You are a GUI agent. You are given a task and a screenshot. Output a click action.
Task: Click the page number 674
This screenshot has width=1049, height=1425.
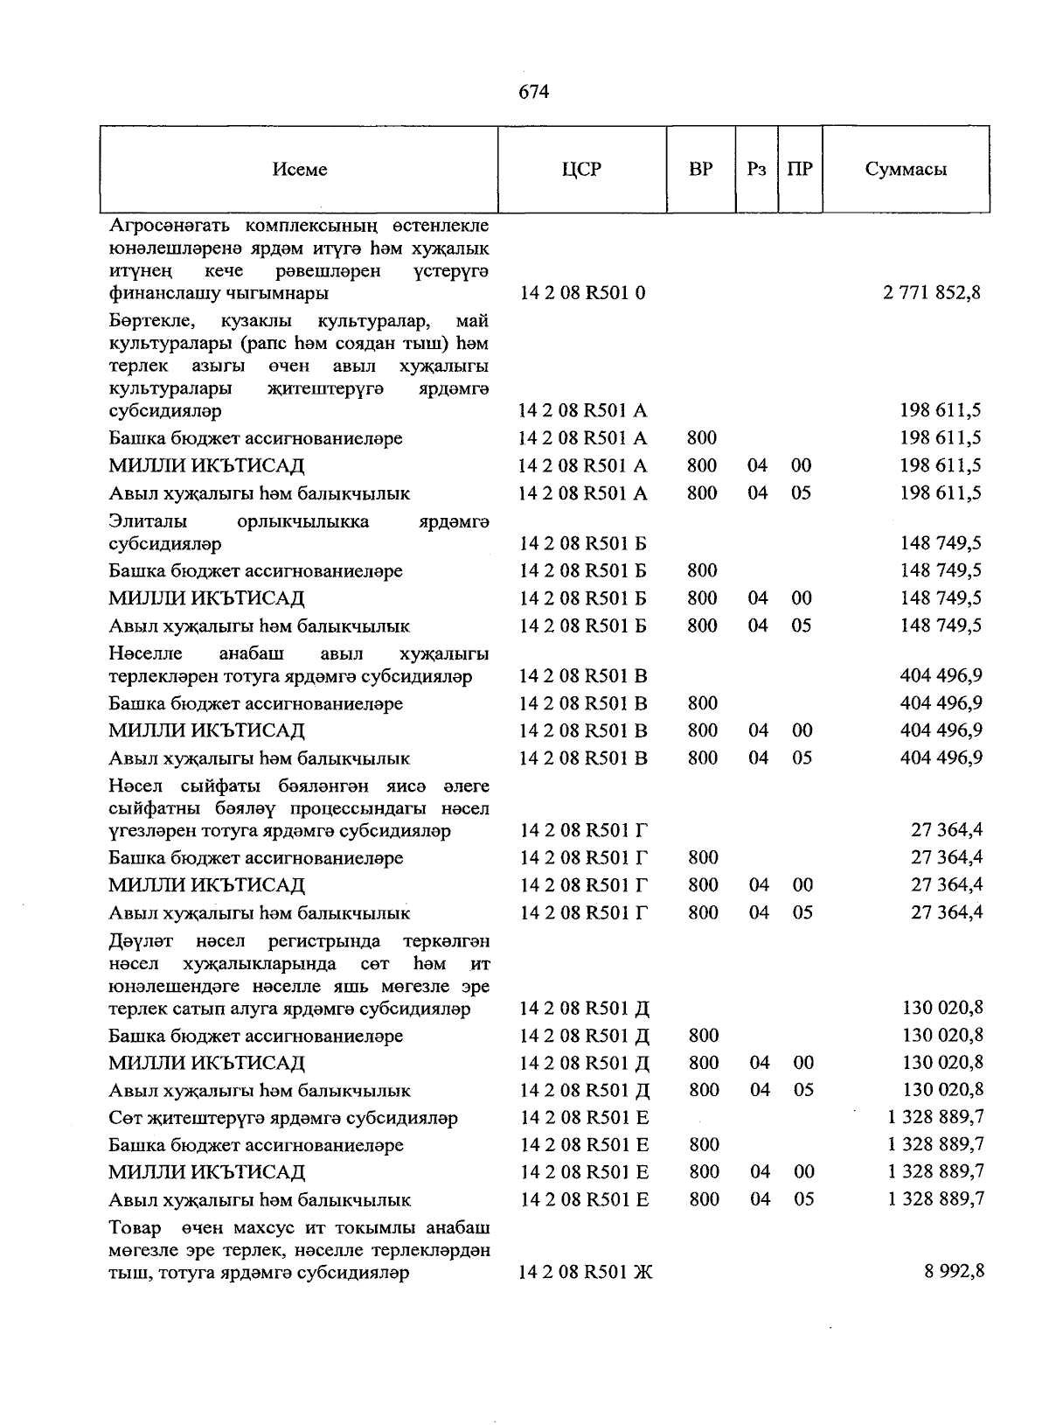coord(533,91)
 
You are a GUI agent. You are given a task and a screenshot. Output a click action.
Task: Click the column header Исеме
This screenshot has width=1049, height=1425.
coord(300,170)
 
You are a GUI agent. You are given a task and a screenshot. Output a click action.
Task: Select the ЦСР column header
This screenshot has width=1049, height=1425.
coord(582,170)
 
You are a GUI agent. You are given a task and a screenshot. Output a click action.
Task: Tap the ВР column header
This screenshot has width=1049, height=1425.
coord(700,169)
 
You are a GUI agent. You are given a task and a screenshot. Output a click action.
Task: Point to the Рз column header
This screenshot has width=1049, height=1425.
coord(757,169)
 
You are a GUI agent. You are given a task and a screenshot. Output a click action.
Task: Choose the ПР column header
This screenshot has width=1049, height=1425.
coord(799,169)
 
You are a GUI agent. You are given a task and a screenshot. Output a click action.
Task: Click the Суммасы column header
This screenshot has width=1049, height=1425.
coord(906,170)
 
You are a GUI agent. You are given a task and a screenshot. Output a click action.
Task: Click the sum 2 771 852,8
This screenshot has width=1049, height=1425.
coord(932,293)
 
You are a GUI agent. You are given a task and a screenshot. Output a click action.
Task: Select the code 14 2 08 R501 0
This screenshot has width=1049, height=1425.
coord(582,293)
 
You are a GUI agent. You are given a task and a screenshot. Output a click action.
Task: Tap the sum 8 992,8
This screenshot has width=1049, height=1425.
coord(955,1271)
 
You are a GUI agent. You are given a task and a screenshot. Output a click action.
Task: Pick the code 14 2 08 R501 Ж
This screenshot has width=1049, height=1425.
coord(586,1272)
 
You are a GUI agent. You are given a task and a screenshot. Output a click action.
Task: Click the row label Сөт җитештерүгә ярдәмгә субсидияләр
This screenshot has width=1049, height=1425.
coord(283,1118)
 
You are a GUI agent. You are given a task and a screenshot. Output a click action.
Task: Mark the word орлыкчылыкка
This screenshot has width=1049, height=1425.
coord(303,521)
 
